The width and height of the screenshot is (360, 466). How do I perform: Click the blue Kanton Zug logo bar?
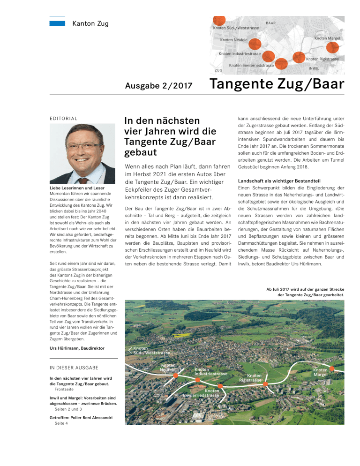coord(57,23)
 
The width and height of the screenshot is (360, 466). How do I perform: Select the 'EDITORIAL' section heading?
coord(64,119)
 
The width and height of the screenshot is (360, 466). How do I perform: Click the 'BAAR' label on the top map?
coord(270,23)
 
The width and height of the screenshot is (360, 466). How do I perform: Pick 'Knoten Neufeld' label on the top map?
coord(234,40)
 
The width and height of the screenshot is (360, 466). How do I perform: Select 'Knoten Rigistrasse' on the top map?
coord(322,60)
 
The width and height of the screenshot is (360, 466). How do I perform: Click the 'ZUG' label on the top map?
coord(218,70)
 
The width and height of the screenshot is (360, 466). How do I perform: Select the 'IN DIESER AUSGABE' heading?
coord(74,368)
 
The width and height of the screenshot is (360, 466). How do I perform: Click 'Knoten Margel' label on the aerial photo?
coord(321,372)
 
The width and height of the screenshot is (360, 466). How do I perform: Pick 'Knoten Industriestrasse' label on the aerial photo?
coord(211,372)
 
